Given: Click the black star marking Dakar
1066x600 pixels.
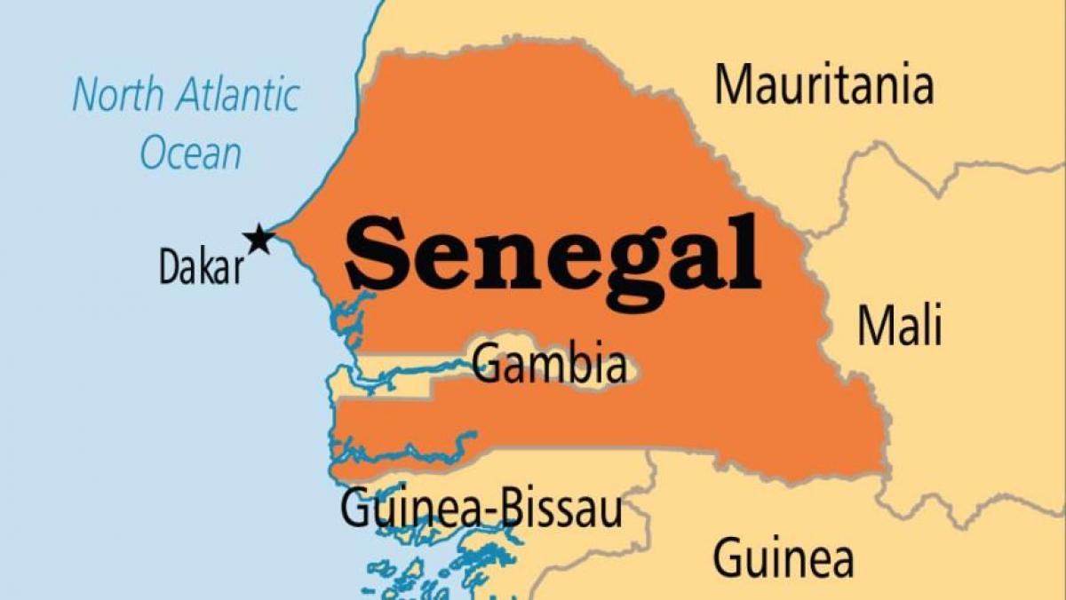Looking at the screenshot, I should [259, 239].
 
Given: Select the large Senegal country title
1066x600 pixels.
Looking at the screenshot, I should [553, 252].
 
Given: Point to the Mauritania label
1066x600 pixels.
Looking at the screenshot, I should [824, 86].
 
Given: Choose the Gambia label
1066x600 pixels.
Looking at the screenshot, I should [549, 364].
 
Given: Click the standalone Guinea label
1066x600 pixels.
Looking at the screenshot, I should [784, 558].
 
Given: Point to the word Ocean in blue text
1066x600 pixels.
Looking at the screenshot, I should [190, 152].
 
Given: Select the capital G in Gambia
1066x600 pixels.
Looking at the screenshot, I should [486, 364].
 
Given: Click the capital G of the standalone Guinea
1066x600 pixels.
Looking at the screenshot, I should [728, 558].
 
